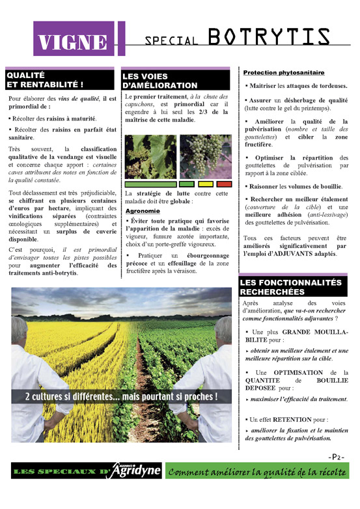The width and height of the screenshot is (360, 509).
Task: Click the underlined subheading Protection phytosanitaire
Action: tap(284, 73)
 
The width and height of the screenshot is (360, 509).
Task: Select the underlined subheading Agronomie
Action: tap(141, 212)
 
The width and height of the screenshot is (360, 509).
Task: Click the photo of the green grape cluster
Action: tap(206, 156)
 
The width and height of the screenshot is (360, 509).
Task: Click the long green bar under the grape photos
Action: tap(150, 184)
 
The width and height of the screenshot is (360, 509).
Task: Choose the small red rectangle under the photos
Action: tap(223, 184)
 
